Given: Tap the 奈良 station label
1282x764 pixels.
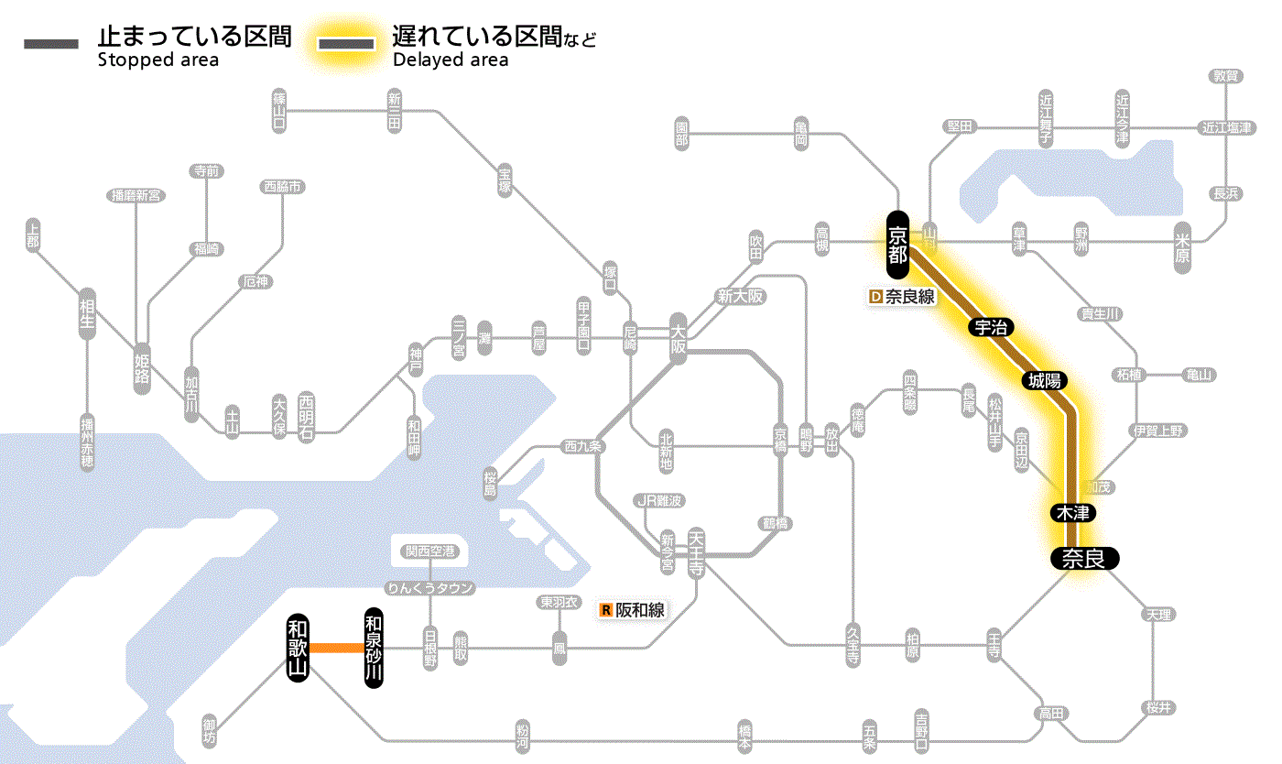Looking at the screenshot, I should pos(1083,558).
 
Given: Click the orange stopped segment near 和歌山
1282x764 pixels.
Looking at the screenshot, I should pos(336,648).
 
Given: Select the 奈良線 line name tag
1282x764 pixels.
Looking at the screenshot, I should pos(909,297).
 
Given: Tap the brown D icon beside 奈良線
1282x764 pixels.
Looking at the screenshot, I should pos(875,297).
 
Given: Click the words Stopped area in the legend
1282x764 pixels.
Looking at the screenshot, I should pos(157,60).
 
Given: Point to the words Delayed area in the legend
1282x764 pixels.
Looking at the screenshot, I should pos(450,60).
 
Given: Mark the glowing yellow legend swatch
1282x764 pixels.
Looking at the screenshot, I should pos(345,45).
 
